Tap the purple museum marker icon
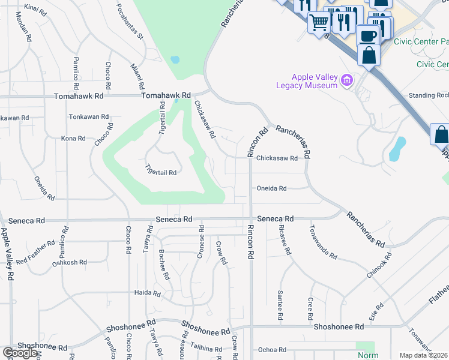[346, 80]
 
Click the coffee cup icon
[367, 35]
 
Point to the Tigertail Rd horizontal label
[161, 172]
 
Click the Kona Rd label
[73, 139]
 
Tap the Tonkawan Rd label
[89, 117]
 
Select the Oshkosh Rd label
[70, 263]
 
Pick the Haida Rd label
[148, 294]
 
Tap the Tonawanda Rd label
[323, 242]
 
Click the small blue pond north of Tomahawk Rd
[175, 60]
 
